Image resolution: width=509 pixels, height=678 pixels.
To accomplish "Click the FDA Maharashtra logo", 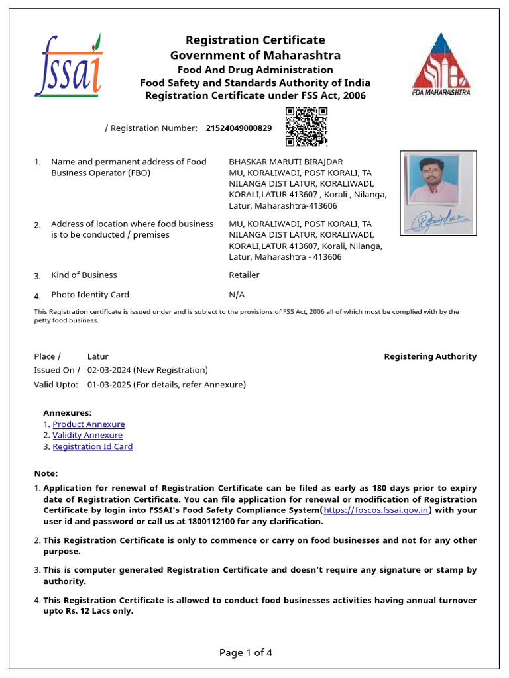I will (441, 65).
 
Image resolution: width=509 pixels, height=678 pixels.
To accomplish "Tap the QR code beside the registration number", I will (306, 126).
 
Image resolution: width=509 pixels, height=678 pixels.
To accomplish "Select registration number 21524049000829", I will (239, 128).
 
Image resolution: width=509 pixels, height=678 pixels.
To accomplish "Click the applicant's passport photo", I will (437, 179).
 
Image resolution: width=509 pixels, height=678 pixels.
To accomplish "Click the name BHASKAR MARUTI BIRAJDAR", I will (286, 162).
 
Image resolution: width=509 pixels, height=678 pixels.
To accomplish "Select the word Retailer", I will (244, 275).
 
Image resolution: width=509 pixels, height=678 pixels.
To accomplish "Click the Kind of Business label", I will (84, 275).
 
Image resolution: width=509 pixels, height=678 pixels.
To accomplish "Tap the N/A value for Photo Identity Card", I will (236, 295).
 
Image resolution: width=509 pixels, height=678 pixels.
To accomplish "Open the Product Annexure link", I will (89, 424).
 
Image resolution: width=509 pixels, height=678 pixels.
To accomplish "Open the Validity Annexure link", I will (87, 435).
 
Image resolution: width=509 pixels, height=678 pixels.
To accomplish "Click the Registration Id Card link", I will (93, 446).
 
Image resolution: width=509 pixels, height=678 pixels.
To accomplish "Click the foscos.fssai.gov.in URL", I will (377, 510).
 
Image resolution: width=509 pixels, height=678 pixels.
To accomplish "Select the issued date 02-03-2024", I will (110, 370).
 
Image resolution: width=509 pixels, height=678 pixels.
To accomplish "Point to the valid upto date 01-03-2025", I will (110, 385).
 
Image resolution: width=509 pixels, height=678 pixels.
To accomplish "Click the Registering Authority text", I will (430, 356).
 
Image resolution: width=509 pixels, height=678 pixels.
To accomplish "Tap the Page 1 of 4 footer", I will (246, 653).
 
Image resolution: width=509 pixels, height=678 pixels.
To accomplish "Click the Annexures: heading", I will (68, 413).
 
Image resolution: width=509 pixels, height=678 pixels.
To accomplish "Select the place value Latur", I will (98, 356).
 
